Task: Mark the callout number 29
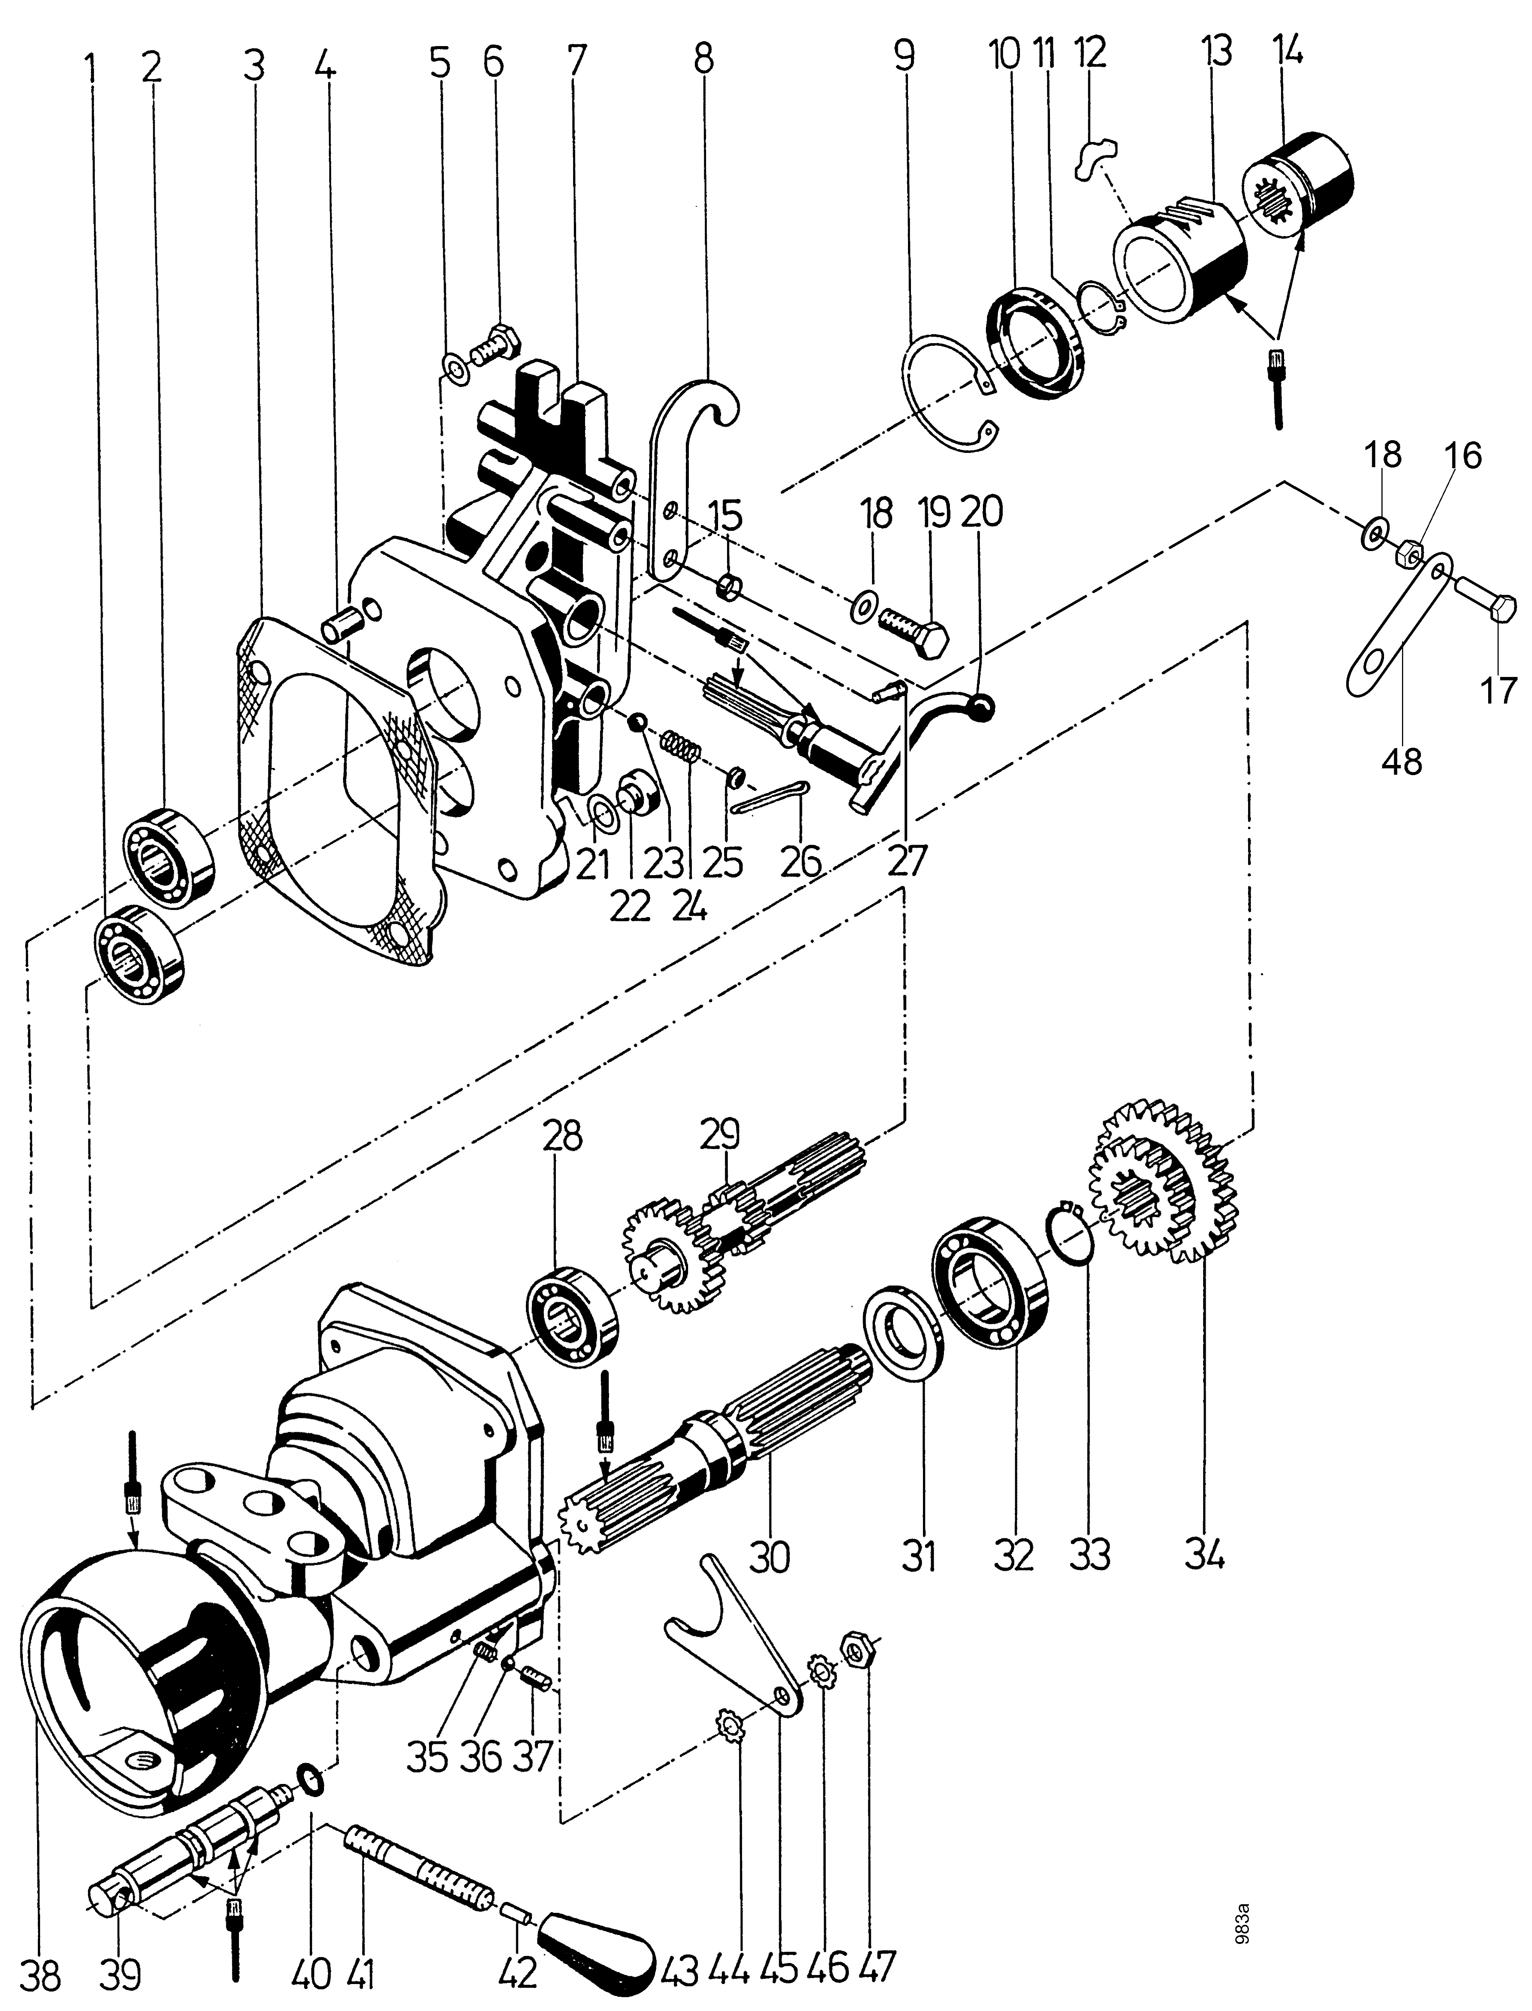click(720, 1135)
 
